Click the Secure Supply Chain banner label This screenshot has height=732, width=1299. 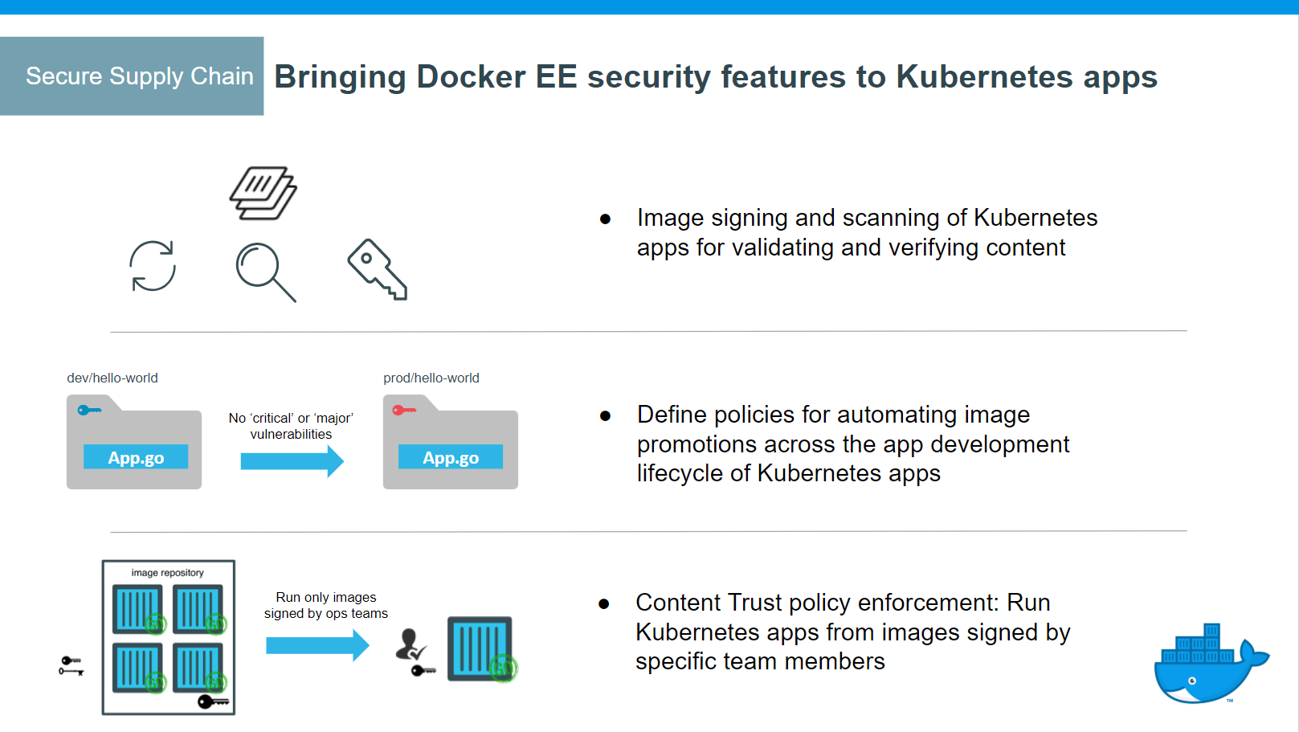click(x=139, y=76)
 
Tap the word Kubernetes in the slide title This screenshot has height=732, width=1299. click(x=984, y=77)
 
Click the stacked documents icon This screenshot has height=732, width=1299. click(x=263, y=193)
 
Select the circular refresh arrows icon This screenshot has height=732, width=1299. click(x=153, y=266)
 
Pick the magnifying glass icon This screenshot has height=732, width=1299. click(x=265, y=272)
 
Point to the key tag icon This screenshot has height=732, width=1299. click(x=377, y=269)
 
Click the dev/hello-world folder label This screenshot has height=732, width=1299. click(x=112, y=378)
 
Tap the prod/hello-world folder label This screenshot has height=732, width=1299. click(x=431, y=378)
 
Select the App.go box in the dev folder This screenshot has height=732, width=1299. click(x=136, y=457)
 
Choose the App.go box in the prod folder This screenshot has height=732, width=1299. click(x=451, y=457)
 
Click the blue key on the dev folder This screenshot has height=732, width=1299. click(x=88, y=411)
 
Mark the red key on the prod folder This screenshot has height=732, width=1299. click(x=403, y=411)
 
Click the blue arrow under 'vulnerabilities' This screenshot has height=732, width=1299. click(x=292, y=461)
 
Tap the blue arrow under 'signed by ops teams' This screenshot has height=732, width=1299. click(x=317, y=644)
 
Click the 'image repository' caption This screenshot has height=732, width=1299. click(x=167, y=573)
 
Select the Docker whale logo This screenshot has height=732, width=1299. click(x=1209, y=665)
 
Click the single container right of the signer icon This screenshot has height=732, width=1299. click(x=480, y=648)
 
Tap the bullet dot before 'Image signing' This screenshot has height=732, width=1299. click(x=606, y=219)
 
